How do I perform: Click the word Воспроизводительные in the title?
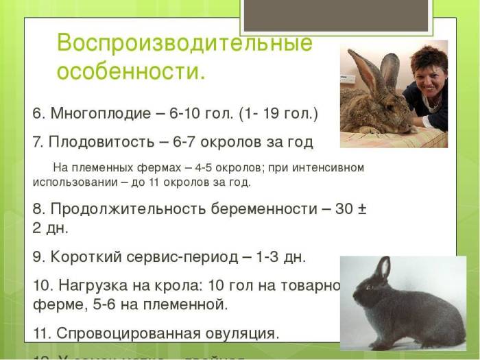(184, 43)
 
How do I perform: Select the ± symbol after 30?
(362, 209)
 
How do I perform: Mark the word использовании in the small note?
(71, 183)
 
